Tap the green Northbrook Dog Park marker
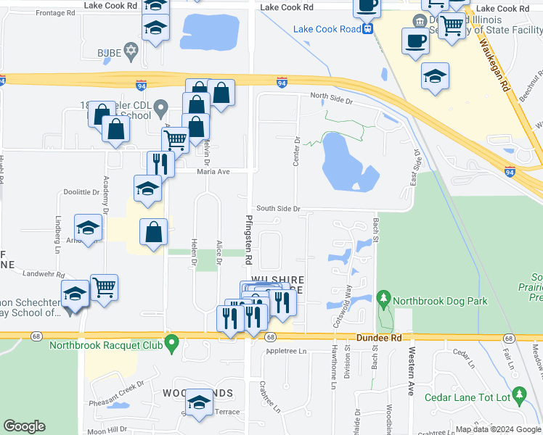point(383,298)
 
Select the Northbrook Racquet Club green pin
point(171,341)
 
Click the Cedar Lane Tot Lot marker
point(518,394)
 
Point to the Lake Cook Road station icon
point(368,29)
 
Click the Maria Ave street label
point(213,172)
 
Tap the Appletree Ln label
point(287,352)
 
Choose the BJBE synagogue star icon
point(131,51)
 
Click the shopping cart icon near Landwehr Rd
point(105,287)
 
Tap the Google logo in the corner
point(25,426)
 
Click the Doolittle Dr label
point(81,192)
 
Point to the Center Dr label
point(297,151)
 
